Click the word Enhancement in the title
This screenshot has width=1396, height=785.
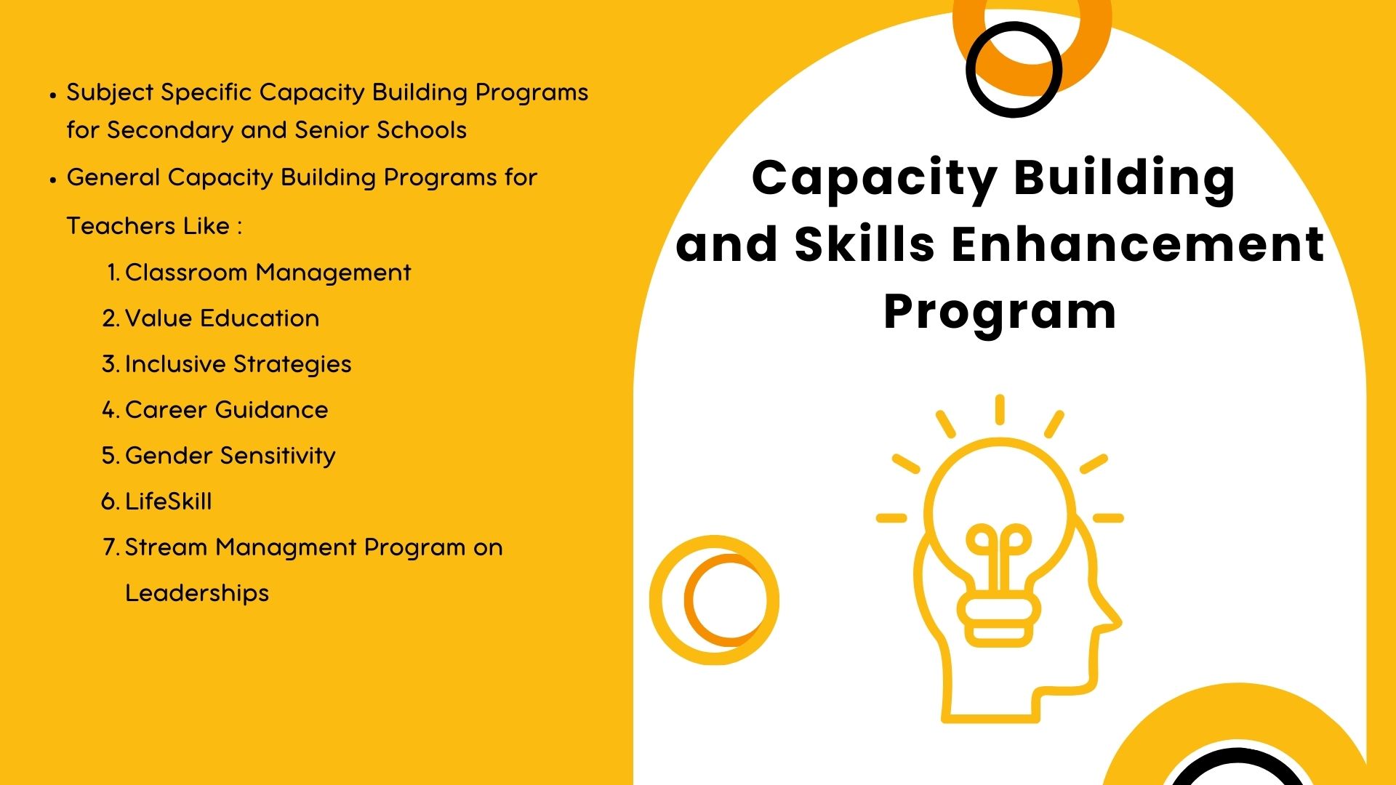(1138, 244)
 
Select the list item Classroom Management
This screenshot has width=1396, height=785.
(268, 273)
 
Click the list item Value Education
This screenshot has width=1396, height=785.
(222, 318)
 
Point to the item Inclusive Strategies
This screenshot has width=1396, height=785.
(238, 365)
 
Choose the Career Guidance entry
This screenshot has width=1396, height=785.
(226, 410)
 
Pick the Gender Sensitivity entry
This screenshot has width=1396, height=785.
(230, 456)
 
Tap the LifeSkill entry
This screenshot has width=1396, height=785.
(168, 502)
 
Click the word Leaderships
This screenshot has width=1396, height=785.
(197, 594)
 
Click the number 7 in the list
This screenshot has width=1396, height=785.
(109, 547)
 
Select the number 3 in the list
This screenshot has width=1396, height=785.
(109, 364)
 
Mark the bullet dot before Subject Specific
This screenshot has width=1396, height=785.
(53, 94)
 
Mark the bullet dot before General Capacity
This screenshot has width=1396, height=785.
(53, 180)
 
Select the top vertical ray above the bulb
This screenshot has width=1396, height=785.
(1000, 409)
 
